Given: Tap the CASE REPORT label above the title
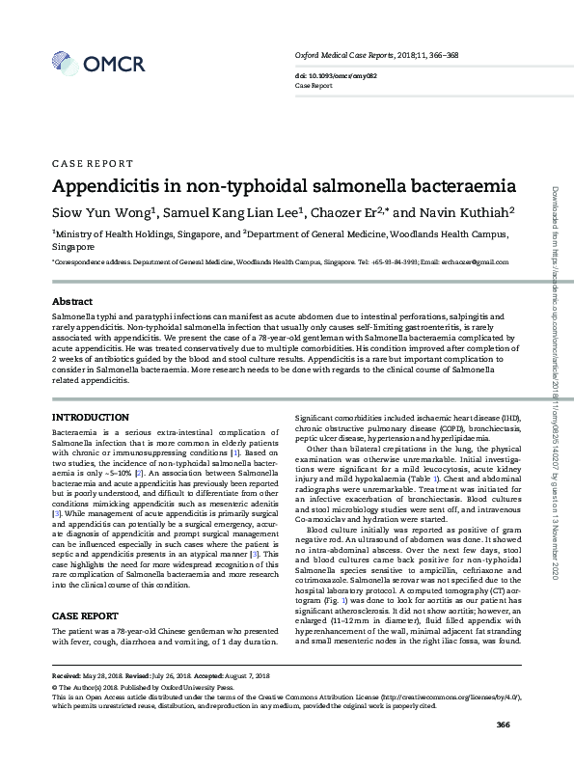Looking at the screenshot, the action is [92, 163].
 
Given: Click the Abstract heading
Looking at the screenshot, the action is [71, 302].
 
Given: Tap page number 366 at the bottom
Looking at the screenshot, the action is [502, 752].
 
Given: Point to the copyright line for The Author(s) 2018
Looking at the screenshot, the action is [145, 712].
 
